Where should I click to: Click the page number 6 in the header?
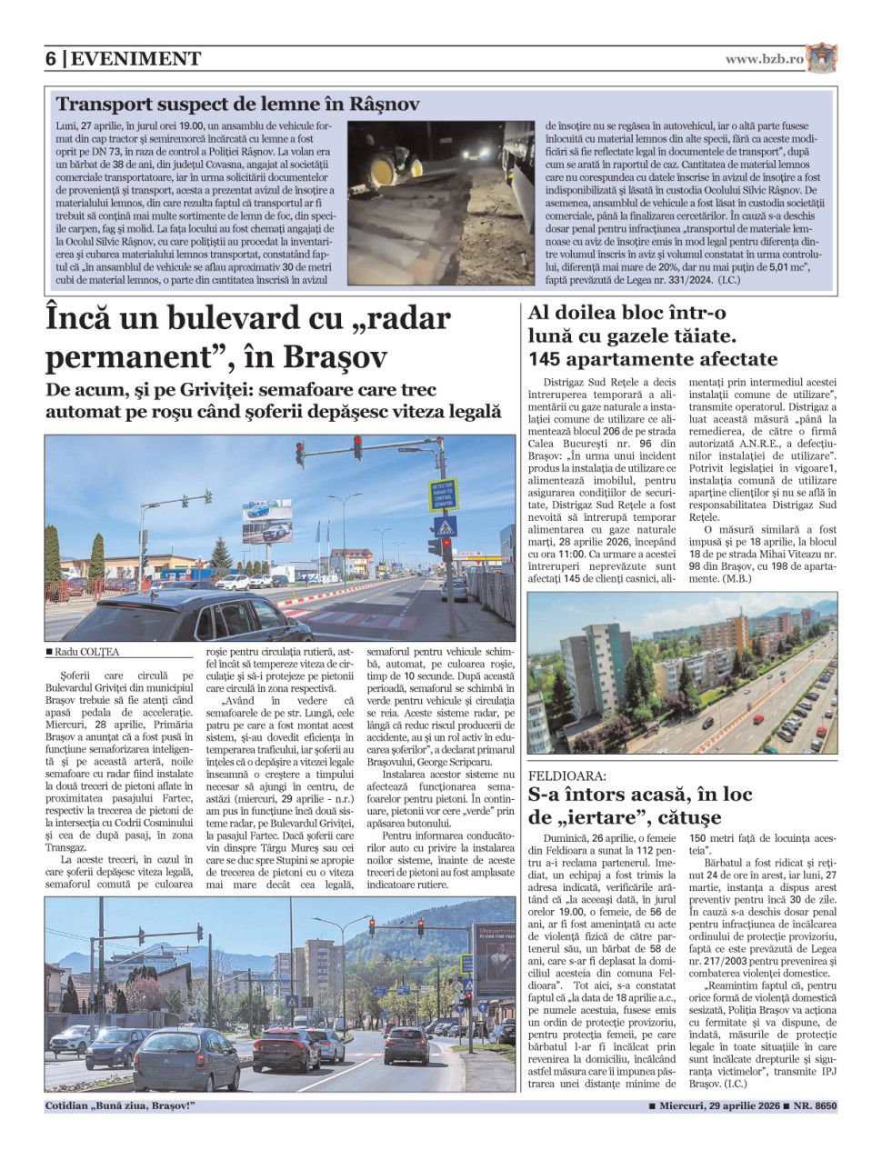[51, 59]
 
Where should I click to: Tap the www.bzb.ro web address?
[764, 59]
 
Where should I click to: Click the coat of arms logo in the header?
[821, 57]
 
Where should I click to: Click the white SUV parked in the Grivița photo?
[235, 581]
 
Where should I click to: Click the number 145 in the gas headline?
[549, 359]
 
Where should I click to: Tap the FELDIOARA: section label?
[566, 775]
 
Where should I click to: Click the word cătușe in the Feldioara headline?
[676, 817]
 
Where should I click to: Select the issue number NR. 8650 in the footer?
[815, 1106]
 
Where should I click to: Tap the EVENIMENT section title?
[135, 59]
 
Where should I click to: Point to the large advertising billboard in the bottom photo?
[494, 959]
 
